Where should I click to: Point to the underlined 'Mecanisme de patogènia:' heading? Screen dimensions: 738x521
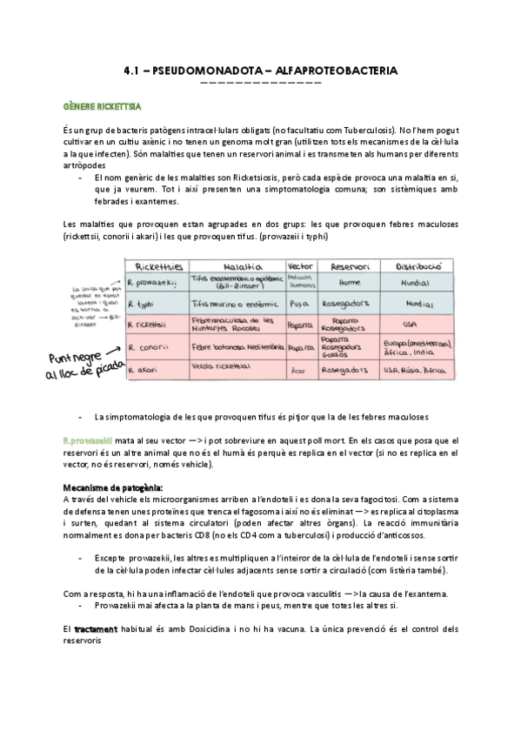pos(101,486)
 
